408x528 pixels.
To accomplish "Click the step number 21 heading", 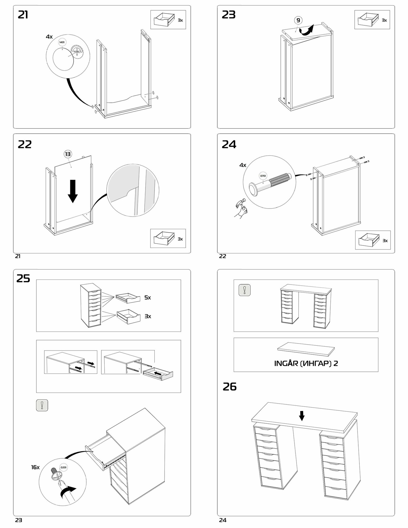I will click(23, 15).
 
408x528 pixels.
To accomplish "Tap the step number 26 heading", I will click(229, 387).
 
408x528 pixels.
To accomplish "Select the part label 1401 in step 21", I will click(62, 42).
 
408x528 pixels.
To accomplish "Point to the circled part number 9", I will click(298, 20).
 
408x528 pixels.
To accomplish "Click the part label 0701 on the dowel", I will click(263, 176).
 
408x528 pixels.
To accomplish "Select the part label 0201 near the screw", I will click(64, 467).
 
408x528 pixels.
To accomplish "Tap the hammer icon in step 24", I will click(241, 206).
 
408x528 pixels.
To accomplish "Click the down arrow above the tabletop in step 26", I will click(302, 416).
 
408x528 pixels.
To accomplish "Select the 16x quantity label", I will click(35, 467).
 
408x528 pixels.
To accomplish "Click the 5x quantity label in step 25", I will click(148, 298).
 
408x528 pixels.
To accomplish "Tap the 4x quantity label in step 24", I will click(243, 165).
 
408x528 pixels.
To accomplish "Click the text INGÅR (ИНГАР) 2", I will click(306, 363).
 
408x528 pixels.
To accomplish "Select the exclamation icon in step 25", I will click(42, 405).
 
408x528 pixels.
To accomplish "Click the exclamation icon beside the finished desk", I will click(245, 290).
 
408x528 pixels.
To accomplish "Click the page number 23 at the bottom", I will click(18, 520).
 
